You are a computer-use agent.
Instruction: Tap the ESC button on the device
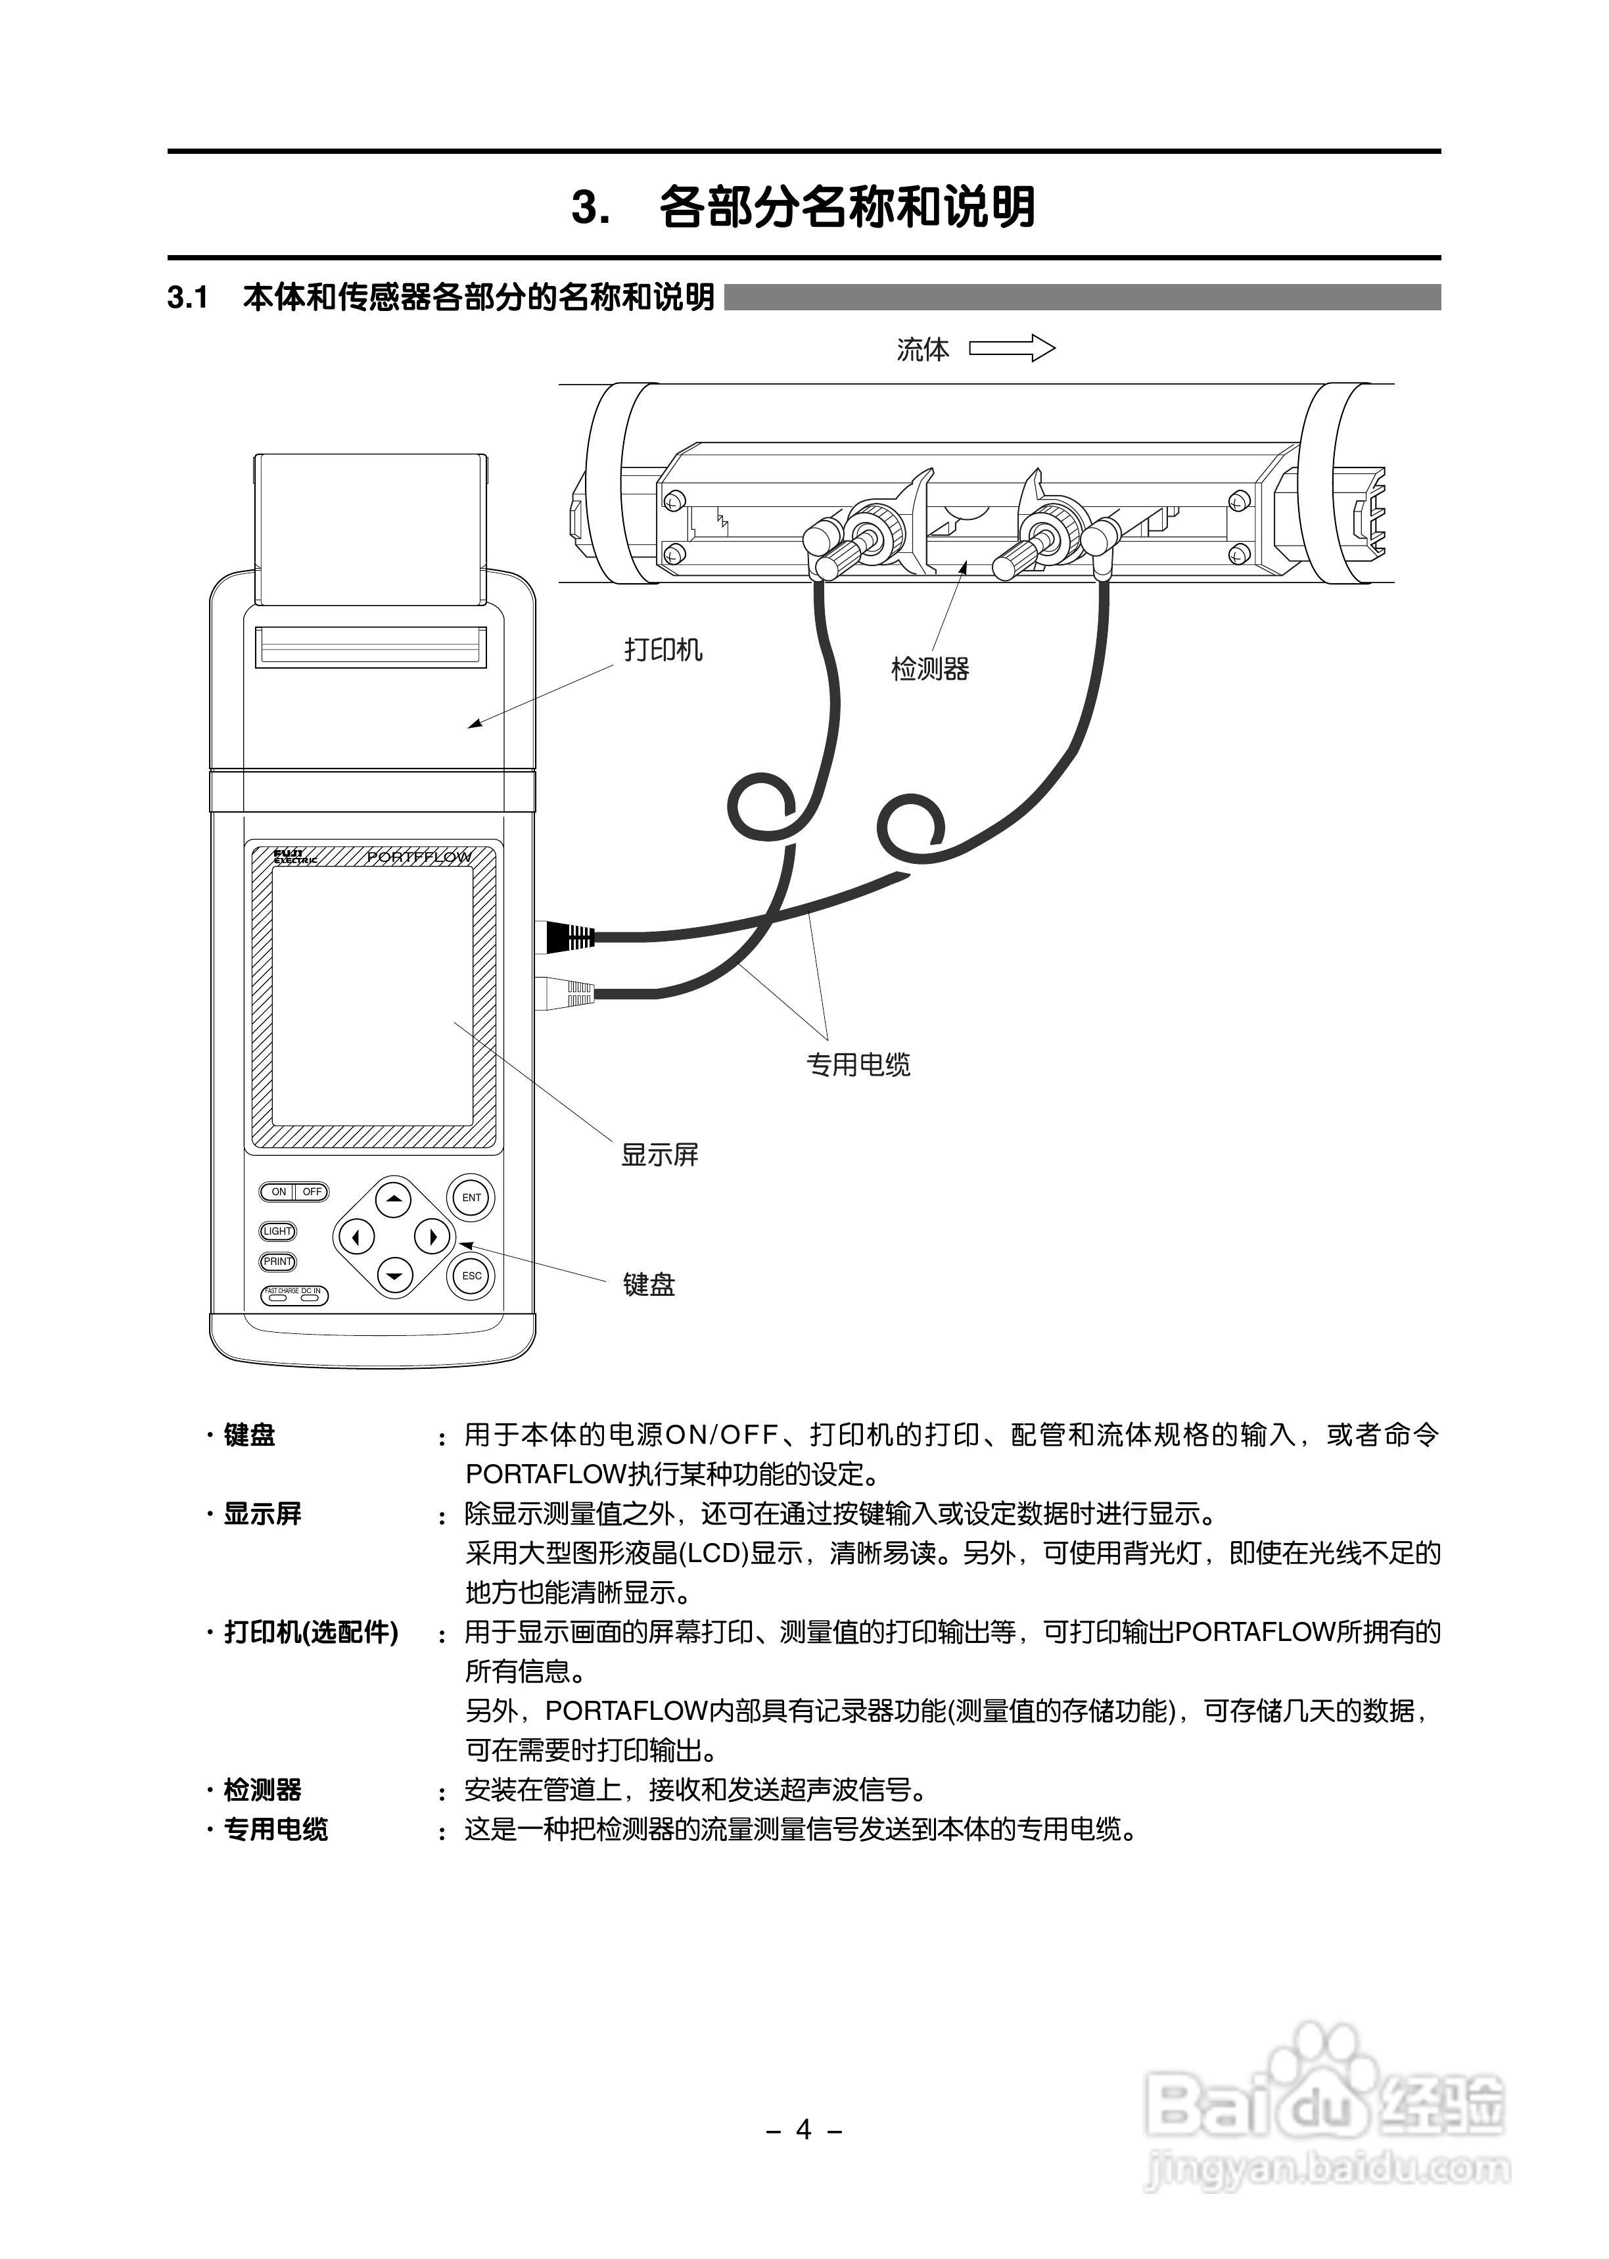[472, 1275]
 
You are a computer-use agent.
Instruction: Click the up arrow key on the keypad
[394, 1199]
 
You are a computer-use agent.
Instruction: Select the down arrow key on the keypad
[394, 1275]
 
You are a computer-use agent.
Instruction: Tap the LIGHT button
[277, 1231]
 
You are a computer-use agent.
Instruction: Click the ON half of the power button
[279, 1192]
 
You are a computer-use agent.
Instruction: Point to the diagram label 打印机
[663, 650]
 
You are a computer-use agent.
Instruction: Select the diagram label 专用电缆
[858, 1065]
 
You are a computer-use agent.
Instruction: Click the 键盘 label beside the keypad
[649, 1285]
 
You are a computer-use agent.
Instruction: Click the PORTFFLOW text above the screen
[419, 857]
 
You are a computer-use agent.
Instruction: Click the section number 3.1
[187, 297]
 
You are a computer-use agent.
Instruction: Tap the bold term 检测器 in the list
[262, 1790]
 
